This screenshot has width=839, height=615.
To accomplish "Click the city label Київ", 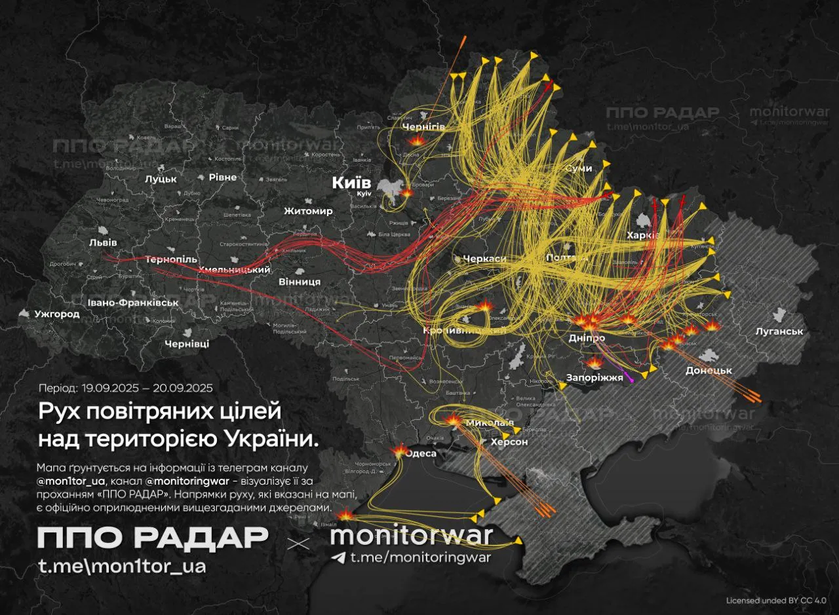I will coord(351,183).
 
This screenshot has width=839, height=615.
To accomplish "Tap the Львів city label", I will coord(103,242).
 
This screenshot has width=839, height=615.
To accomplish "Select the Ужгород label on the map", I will coord(57,314).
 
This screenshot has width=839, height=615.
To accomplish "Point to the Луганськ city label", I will coord(779,331).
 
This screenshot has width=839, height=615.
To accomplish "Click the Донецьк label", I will coord(708,370).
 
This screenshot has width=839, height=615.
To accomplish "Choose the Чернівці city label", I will coord(187,343).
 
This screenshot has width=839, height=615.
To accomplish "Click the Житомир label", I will coord(308,211).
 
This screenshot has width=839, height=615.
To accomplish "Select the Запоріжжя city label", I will coord(595,377).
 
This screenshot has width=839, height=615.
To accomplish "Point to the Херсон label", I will coord(509,442).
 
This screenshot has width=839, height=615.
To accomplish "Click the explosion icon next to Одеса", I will coord(399,451).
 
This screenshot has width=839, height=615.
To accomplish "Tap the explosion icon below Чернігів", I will coord(417,141).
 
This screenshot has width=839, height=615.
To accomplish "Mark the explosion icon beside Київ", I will coord(408,193).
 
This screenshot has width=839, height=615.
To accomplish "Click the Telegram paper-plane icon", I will coord(338,557).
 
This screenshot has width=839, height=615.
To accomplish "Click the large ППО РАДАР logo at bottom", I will coord(153,538).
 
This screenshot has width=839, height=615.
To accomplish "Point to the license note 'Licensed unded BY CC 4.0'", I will coord(776,600).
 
